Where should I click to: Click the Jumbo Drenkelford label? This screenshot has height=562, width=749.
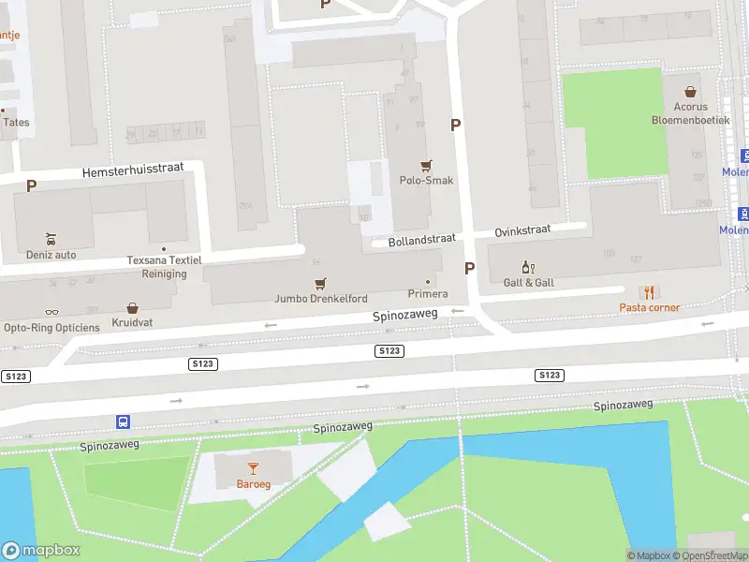click(321, 299)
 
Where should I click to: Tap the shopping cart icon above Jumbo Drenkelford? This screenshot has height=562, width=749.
click(321, 283)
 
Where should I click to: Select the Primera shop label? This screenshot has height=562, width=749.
click(428, 294)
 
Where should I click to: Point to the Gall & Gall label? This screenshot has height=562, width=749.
click(528, 282)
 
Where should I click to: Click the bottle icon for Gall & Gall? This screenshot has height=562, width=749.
click(528, 267)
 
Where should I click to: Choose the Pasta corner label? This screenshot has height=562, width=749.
click(649, 307)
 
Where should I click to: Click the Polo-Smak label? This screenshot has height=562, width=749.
click(427, 180)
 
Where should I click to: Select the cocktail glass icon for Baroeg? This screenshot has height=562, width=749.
click(252, 467)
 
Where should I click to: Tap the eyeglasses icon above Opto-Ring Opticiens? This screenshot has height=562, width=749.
click(51, 312)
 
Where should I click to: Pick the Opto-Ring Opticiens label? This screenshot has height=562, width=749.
click(51, 327)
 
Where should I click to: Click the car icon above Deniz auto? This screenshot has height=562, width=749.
click(51, 239)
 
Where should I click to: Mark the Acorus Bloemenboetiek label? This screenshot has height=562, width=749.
click(690, 113)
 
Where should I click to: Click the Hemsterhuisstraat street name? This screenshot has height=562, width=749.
click(132, 170)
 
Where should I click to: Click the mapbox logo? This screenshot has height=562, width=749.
click(41, 551)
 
